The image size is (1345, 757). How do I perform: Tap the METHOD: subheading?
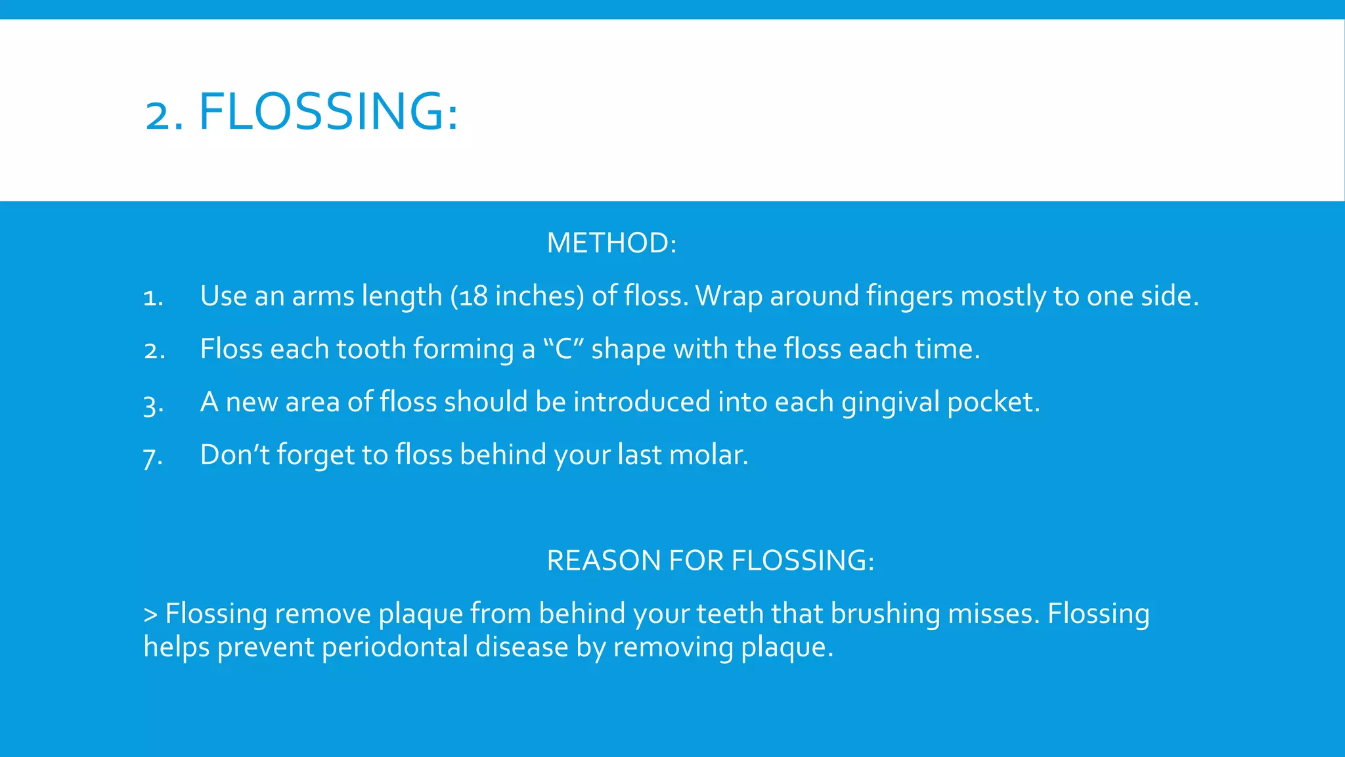click(611, 243)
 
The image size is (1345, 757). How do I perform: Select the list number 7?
click(152, 457)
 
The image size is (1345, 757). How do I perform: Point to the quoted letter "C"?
click(564, 349)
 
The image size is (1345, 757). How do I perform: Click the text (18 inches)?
click(517, 296)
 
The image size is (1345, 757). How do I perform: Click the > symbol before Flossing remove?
click(150, 614)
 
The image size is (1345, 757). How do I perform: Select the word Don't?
click(234, 455)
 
